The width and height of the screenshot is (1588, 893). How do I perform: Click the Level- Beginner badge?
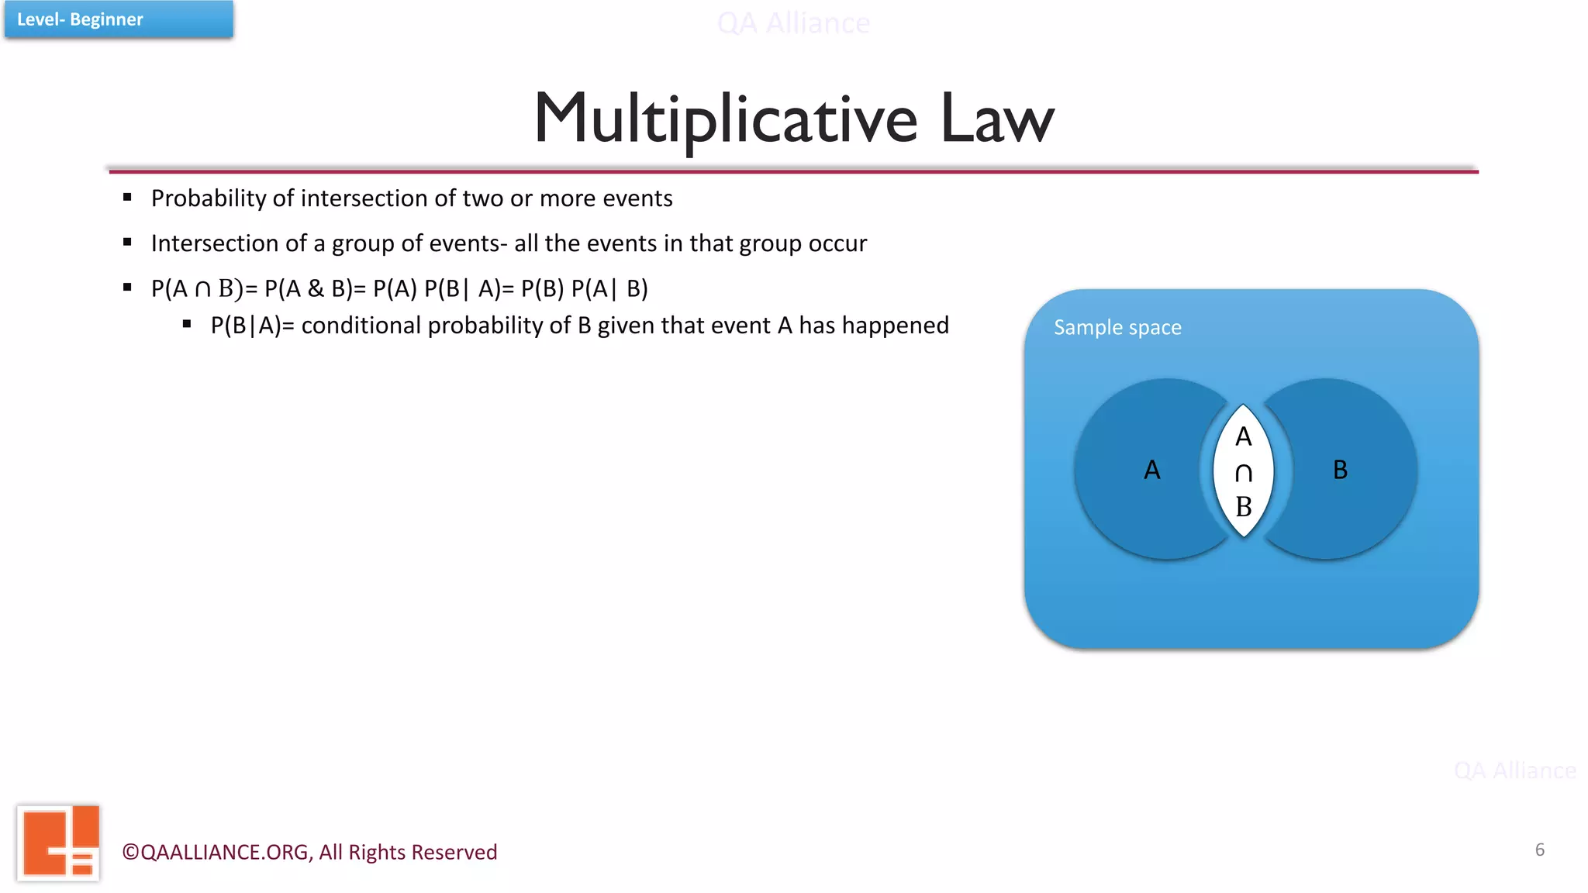pos(118,19)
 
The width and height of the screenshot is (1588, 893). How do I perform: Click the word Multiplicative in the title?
pos(726,119)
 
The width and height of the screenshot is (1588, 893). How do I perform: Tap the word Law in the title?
pos(997,119)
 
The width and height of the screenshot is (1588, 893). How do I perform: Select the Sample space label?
pos(1117,327)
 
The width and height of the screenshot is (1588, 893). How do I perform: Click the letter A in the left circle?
pos(1152,470)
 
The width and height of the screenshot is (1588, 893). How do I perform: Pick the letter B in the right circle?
pos(1340,470)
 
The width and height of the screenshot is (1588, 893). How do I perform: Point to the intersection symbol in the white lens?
pos(1244,473)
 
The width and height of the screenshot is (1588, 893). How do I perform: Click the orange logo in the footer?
pos(59,843)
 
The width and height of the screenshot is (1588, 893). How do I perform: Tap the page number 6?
pos(1540,850)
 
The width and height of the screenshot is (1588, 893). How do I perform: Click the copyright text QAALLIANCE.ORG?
pos(225,852)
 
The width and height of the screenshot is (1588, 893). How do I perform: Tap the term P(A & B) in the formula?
pos(308,288)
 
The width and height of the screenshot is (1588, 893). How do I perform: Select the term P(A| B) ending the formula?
pos(609,288)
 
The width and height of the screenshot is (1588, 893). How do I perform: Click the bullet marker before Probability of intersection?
pos(127,198)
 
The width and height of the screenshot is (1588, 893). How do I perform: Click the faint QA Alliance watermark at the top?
pos(793,23)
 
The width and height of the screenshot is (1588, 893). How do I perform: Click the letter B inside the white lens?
pos(1244,507)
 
